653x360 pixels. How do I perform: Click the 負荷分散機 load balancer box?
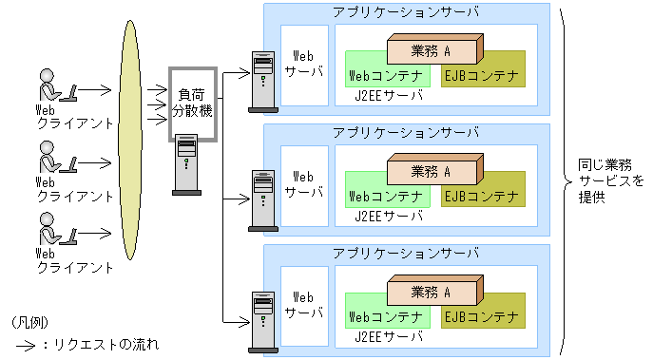coord(193,104)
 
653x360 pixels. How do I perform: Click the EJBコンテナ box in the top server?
coord(481,75)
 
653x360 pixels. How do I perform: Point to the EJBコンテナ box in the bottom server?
coord(481,315)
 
